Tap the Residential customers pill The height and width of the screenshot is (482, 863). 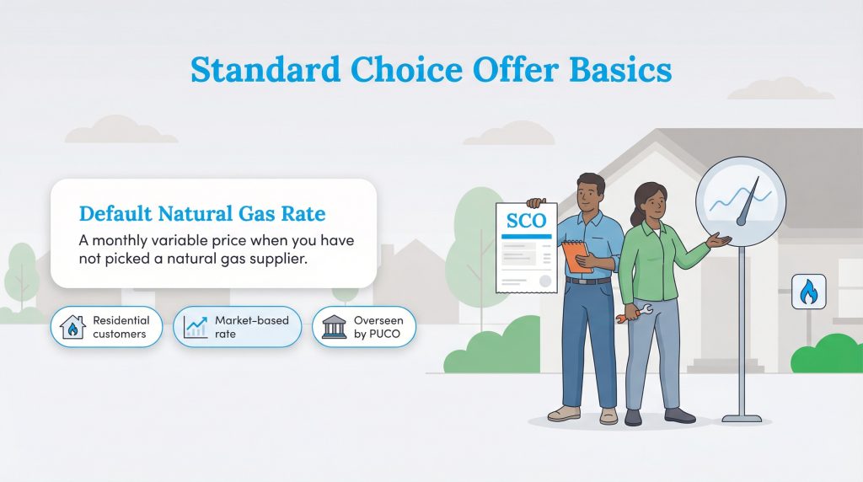(106, 327)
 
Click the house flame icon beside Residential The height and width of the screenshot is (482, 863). (73, 327)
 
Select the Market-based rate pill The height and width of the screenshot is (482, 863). (237, 327)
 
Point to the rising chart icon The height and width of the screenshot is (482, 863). (196, 327)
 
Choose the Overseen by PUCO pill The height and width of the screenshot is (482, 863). (363, 327)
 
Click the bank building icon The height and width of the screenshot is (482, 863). (335, 327)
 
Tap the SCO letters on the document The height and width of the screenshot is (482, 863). (526, 222)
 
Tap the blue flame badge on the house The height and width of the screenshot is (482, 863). (808, 292)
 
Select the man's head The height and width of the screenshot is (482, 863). (591, 191)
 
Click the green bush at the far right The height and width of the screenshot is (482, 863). (828, 354)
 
